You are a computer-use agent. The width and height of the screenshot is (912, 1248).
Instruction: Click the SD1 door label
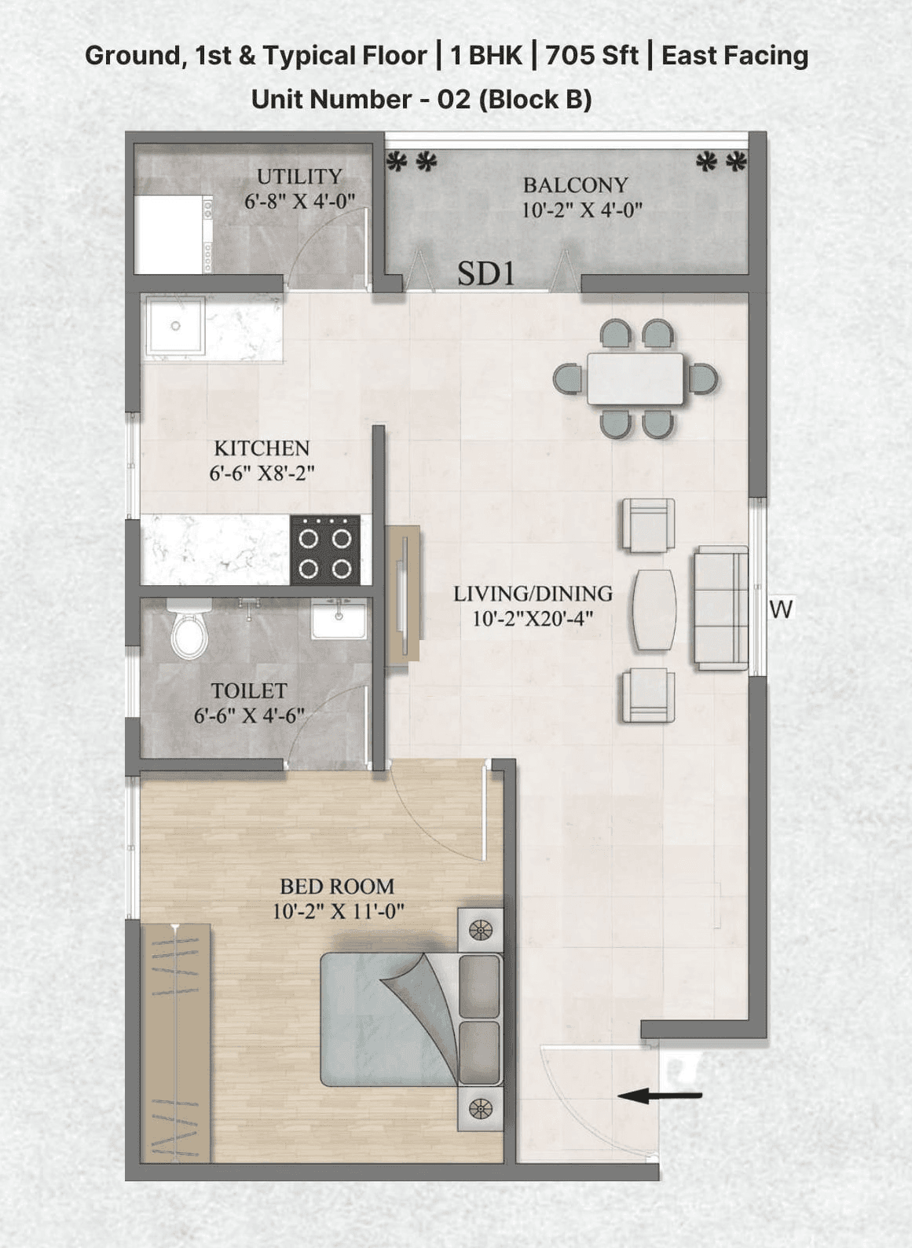[486, 274]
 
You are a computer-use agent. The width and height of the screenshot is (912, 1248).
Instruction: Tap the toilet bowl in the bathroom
[189, 631]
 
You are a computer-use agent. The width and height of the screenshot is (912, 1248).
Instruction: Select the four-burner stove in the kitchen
[325, 550]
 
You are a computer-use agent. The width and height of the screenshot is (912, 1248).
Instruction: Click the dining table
[635, 379]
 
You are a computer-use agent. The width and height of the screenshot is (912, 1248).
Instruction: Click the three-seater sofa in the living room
[720, 608]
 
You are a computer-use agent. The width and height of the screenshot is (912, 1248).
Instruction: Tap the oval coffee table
[654, 610]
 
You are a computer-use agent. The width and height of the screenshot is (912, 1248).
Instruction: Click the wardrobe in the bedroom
[175, 1043]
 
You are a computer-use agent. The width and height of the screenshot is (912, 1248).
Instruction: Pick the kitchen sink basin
[175, 325]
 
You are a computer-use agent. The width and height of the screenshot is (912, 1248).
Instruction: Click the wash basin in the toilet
[339, 620]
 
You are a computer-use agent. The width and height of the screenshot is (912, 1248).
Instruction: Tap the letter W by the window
[782, 609]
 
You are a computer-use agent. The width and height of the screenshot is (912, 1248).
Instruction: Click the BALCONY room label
[576, 185]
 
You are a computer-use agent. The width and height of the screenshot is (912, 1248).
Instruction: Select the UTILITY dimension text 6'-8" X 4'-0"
[299, 201]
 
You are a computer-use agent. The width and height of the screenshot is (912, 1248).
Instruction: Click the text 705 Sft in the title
[592, 56]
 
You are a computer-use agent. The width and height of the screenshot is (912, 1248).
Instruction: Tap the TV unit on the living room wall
[403, 595]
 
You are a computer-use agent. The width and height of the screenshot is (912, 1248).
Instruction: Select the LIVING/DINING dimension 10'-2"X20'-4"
[532, 619]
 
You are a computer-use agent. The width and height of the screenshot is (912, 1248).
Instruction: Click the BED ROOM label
[337, 887]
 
